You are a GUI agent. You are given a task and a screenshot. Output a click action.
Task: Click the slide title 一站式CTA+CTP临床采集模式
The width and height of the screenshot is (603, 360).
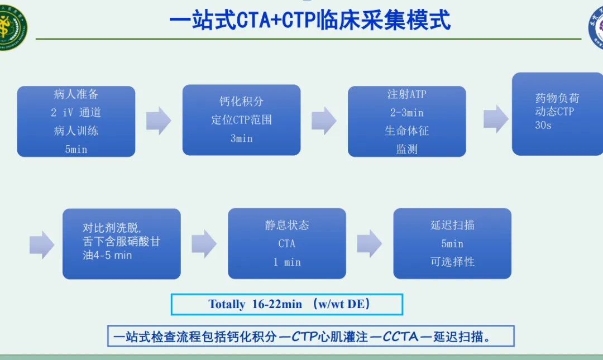310,20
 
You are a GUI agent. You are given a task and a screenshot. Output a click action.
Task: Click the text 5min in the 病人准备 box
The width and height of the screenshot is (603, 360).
76,149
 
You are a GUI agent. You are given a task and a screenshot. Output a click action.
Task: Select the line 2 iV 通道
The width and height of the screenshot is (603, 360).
76,112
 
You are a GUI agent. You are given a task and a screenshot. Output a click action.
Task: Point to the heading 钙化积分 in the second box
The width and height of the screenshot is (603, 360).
242,101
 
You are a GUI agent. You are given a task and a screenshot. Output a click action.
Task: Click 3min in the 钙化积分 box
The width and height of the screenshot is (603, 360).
242,138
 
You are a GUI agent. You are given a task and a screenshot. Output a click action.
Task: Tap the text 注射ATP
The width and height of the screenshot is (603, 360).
407,94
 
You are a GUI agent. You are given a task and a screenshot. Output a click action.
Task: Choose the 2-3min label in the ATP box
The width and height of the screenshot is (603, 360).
407,113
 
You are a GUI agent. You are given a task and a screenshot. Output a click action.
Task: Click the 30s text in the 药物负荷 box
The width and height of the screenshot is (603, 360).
543,126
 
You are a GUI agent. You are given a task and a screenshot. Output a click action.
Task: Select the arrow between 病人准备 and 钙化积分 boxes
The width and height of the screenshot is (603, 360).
159,121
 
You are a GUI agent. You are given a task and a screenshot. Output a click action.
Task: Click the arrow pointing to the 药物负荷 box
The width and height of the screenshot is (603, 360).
496,119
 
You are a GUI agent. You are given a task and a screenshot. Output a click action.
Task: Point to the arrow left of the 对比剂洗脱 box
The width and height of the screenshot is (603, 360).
42,245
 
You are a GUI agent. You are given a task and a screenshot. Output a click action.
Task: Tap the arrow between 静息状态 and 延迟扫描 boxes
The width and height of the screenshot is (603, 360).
370,243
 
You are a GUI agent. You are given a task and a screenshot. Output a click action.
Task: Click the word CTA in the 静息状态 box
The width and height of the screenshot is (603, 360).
287,243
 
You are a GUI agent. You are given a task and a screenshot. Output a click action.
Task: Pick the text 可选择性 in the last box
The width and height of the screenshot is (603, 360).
452,262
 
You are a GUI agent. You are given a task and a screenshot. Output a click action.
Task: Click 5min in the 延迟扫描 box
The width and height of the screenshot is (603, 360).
452,243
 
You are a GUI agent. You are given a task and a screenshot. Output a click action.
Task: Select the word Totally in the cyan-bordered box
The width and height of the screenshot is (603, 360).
227,304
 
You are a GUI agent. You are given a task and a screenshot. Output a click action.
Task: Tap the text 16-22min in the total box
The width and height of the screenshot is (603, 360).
277,304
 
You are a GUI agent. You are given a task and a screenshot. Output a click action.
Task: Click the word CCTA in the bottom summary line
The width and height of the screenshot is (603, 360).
400,337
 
